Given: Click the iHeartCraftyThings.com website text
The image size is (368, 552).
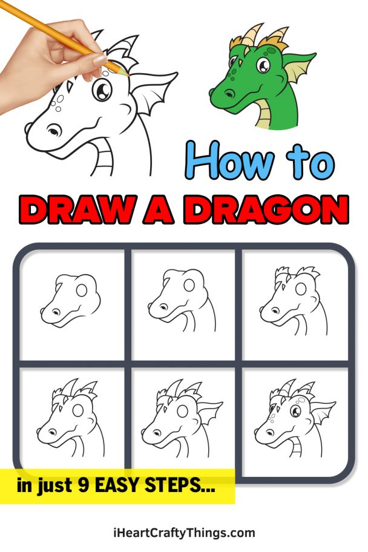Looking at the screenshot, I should tap(184, 533).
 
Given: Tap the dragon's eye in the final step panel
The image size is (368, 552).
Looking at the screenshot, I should tap(296, 412).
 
